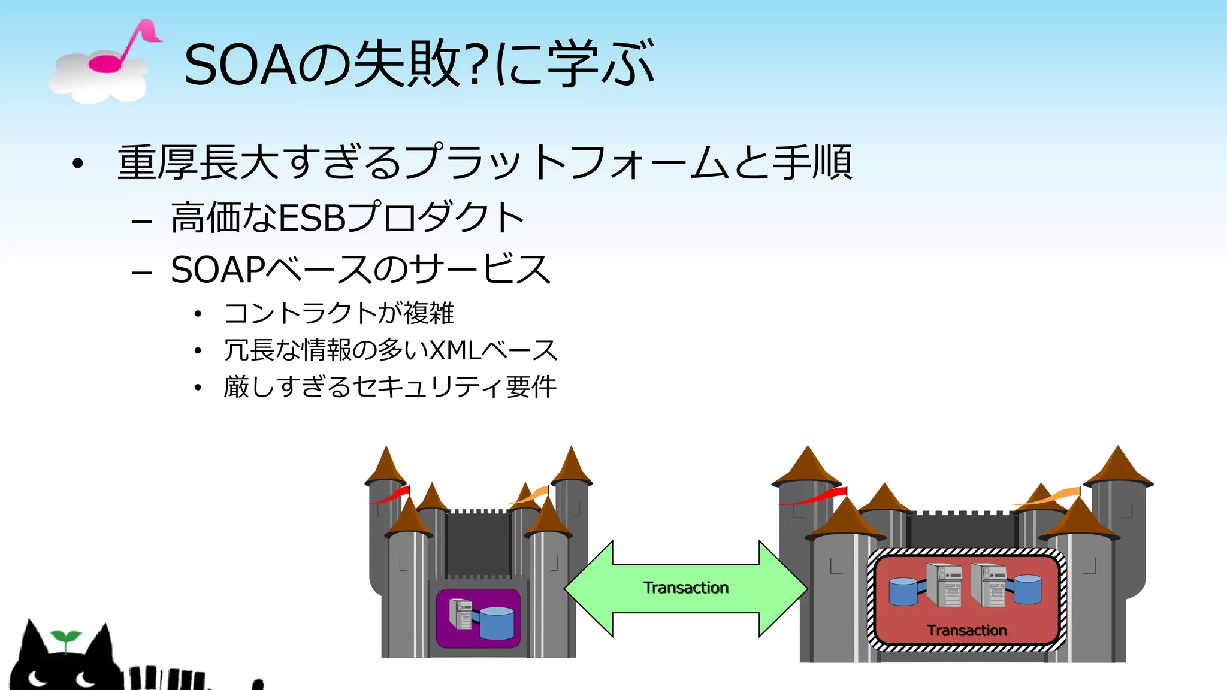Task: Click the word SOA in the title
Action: (240, 65)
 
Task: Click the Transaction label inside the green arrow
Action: (686, 588)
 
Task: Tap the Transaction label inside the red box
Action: (967, 630)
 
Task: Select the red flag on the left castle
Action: (391, 495)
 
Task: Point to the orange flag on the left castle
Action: (531, 495)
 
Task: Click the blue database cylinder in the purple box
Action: (497, 623)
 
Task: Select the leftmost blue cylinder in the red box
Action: (903, 591)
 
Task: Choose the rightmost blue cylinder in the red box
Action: (1027, 589)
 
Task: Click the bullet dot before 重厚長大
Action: (77, 164)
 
